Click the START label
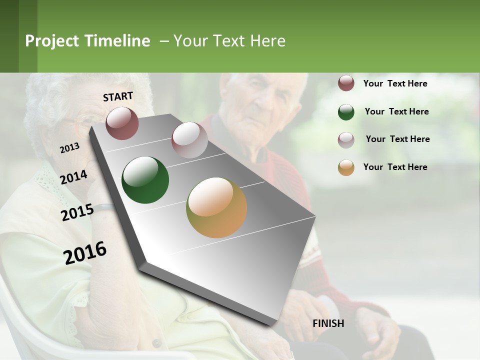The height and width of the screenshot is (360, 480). coord(118,96)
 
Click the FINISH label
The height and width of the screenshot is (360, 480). coord(328,323)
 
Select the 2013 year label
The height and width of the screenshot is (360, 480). coord(69,148)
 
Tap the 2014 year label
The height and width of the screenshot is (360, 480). coord(73,177)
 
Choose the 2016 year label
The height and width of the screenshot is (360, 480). coord(85,253)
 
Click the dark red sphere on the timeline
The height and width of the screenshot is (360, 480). coord(122,123)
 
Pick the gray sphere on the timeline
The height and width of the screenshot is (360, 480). coord(189,140)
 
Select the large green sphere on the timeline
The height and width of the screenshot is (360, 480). coord(145,180)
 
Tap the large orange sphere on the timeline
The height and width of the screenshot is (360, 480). coord(216,207)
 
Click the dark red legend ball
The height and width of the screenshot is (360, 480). coord(346,83)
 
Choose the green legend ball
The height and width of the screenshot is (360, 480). coord(346,112)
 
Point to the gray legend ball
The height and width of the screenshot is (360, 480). coord(346,139)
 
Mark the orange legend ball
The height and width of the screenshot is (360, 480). coord(346,167)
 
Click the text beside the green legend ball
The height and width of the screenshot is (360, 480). coord(396,111)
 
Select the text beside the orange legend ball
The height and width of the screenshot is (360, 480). coord(395,167)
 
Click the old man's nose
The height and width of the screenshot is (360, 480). coord(262,99)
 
